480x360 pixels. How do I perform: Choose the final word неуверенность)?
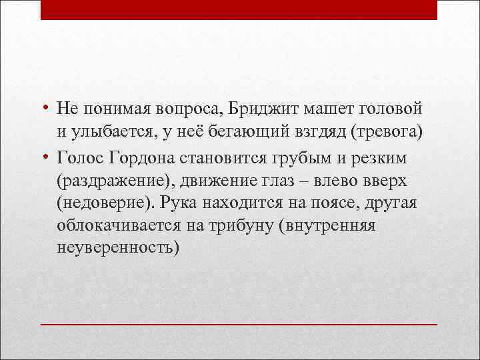[x=118, y=248]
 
